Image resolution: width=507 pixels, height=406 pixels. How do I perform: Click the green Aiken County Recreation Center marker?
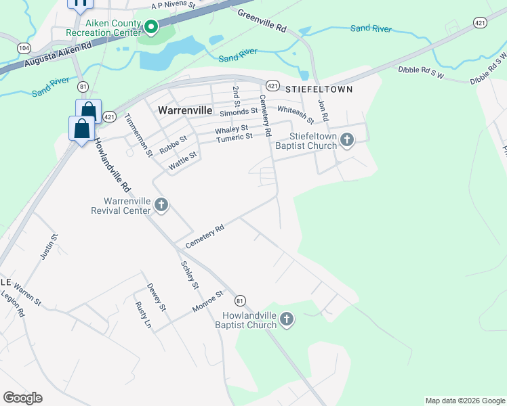[x=150, y=28]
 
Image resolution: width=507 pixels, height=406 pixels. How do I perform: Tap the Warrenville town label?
[x=185, y=109]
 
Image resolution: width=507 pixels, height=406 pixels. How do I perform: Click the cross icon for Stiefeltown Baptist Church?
[x=347, y=140]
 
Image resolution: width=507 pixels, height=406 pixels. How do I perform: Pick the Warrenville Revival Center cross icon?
[x=161, y=204]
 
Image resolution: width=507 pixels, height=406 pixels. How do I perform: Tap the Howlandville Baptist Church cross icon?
[x=287, y=319]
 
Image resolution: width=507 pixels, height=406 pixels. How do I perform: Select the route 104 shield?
[x=24, y=48]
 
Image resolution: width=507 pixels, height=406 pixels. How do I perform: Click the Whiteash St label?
[x=296, y=115]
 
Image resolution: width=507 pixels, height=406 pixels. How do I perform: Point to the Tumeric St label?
[x=235, y=138]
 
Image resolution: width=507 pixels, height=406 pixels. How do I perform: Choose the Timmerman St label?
[x=138, y=135]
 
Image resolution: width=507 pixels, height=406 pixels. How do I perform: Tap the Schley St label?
[x=189, y=275]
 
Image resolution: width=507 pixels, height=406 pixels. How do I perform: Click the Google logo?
[x=22, y=398]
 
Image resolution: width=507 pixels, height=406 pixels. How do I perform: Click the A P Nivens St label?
[x=174, y=5]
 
